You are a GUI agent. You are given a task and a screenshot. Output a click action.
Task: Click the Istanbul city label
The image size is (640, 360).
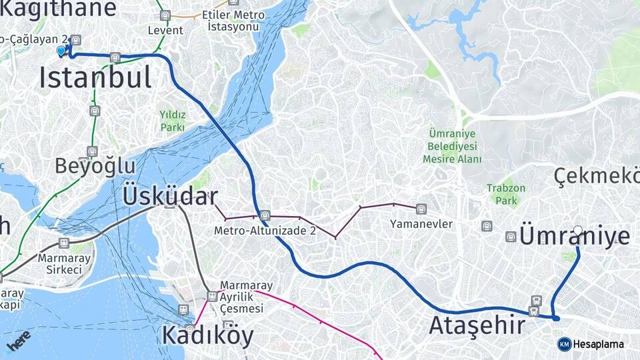pyautogui.click(x=95, y=78)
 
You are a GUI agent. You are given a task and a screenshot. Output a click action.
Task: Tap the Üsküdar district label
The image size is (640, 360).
pyautogui.click(x=170, y=197)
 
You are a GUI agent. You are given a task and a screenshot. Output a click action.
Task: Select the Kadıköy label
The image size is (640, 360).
pyautogui.click(x=207, y=335)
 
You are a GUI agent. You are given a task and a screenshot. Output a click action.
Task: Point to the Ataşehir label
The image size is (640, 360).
pyautogui.click(x=477, y=326)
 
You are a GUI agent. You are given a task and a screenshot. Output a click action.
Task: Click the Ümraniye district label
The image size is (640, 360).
pyautogui.click(x=574, y=237)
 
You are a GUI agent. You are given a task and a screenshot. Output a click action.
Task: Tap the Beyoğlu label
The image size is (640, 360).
pyautogui.click(x=95, y=165)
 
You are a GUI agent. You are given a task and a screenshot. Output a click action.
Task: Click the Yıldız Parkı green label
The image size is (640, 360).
pyautogui.click(x=172, y=120)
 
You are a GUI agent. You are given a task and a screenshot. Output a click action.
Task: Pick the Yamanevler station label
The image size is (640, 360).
pyautogui.click(x=421, y=224)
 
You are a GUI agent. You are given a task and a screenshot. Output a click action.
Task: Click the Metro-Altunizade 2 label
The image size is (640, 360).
pyautogui.click(x=265, y=231)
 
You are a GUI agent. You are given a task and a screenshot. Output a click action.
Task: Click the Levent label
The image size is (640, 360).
pyautogui.click(x=165, y=31)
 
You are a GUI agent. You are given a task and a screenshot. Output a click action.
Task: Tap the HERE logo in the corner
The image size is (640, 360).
pyautogui.click(x=19, y=341)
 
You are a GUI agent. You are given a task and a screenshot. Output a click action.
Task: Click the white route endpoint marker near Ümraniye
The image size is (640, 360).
pyautogui.click(x=577, y=231)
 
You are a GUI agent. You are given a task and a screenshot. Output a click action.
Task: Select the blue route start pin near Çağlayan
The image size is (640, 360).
pyautogui.click(x=61, y=51)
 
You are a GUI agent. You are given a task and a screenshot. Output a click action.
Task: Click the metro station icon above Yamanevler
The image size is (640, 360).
pyautogui.click(x=421, y=209)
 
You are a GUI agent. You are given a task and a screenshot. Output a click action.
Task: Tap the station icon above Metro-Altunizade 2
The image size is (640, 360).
pyautogui.click(x=265, y=215)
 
